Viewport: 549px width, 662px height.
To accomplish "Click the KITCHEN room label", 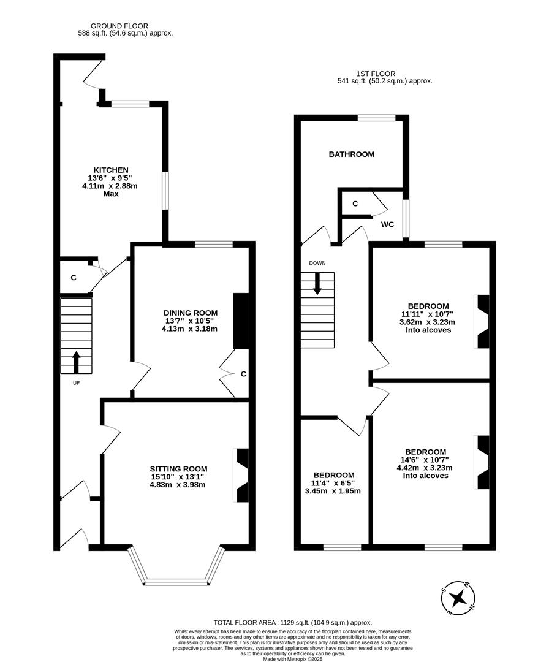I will coord(110,170).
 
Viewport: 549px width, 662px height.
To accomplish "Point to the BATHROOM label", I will coord(351,154).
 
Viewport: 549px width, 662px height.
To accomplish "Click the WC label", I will coord(387,224).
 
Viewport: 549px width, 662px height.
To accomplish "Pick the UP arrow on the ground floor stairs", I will coord(77,362).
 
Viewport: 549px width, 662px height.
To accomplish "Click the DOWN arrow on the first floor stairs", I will coord(318,283).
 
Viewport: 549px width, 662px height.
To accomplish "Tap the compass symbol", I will coord(458,596).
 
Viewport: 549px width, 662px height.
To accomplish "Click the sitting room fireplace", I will coord(242,475).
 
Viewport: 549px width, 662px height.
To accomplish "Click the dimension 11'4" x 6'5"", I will coord(333,483).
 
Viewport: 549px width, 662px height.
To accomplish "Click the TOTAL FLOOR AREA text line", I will coord(292,622).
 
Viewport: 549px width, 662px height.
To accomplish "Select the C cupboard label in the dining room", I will coord(243,374).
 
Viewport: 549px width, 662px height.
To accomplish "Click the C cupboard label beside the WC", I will coord(355,204).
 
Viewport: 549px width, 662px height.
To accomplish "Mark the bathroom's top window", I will coord(376,118).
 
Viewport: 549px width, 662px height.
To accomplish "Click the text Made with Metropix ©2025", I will coord(292,659).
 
